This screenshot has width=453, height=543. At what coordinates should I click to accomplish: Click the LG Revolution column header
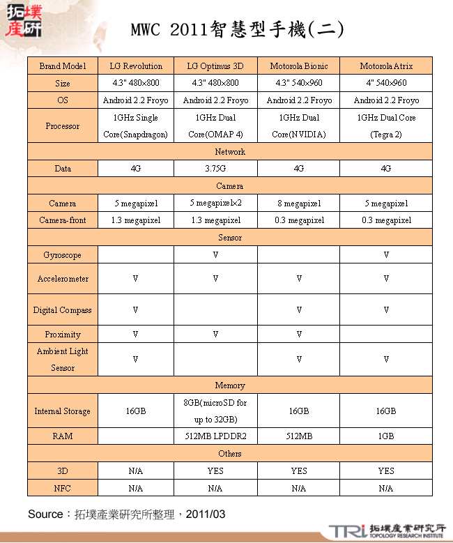(x=136, y=66)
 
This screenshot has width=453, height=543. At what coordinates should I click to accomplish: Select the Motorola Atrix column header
(x=386, y=66)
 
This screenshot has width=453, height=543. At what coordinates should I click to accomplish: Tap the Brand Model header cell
(x=63, y=66)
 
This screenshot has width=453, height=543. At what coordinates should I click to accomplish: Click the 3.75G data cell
(x=215, y=169)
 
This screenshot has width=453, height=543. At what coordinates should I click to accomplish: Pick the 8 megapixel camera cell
(x=298, y=204)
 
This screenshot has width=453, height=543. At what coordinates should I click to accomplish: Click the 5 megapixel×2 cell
(x=215, y=203)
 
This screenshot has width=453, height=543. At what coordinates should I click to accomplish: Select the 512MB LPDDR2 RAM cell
(x=215, y=436)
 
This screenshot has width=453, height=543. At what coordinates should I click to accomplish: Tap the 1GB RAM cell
(x=386, y=436)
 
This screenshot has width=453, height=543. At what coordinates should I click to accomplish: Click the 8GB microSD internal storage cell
(x=215, y=411)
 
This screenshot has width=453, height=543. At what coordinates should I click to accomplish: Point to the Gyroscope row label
(x=63, y=255)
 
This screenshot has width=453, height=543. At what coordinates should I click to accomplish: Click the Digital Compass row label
(x=63, y=310)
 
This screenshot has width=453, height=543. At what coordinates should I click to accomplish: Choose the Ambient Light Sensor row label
(x=63, y=360)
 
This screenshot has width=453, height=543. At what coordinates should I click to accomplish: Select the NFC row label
(x=63, y=488)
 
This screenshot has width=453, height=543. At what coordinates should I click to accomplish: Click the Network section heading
(x=230, y=151)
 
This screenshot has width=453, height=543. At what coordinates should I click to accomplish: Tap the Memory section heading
(x=230, y=385)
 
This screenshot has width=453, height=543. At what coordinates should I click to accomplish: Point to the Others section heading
(x=230, y=454)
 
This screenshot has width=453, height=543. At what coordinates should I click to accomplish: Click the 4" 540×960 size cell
(x=386, y=83)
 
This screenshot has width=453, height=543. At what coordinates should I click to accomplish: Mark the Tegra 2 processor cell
(x=386, y=126)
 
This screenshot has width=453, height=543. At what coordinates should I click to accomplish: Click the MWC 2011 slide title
(x=237, y=29)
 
